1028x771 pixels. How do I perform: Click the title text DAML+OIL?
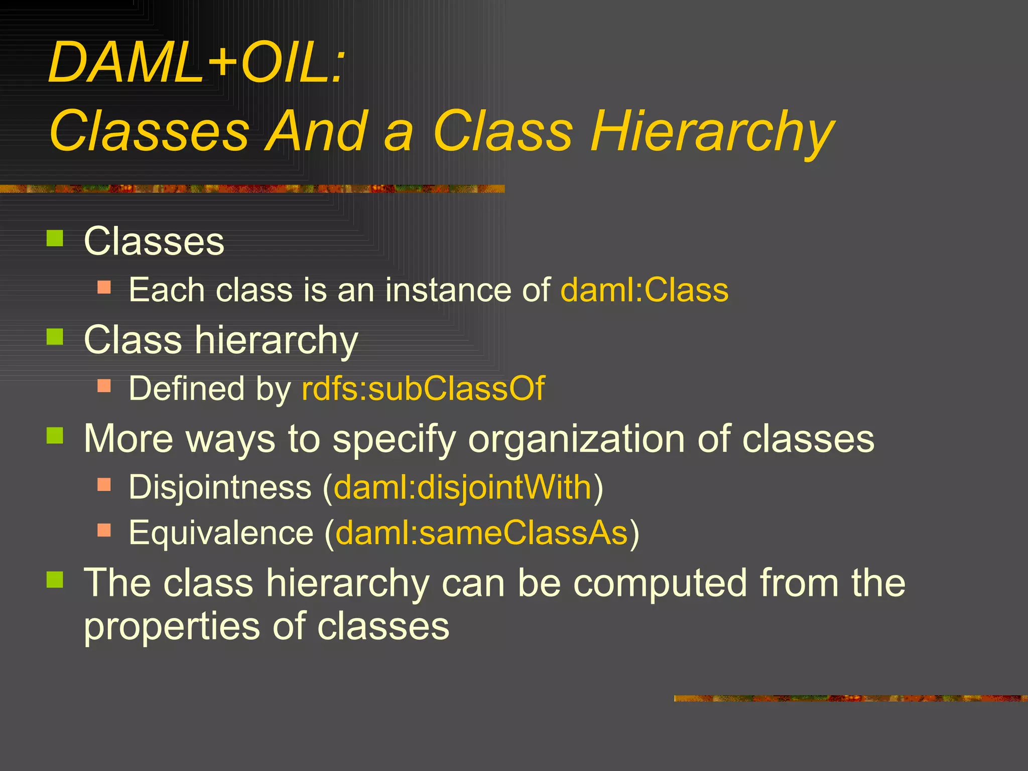[197, 63]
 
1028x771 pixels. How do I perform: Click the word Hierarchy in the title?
[712, 132]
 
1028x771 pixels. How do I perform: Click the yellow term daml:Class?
[644, 290]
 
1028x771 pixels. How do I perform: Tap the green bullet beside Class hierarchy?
[55, 337]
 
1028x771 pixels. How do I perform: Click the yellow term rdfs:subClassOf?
[423, 389]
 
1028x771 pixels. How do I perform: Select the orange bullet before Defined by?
[104, 385]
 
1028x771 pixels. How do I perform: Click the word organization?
[577, 439]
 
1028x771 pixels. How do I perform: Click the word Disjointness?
[220, 487]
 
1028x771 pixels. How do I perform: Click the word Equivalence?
[221, 532]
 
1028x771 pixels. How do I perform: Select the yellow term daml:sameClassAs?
[481, 532]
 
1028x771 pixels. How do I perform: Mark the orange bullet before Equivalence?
[104, 530]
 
